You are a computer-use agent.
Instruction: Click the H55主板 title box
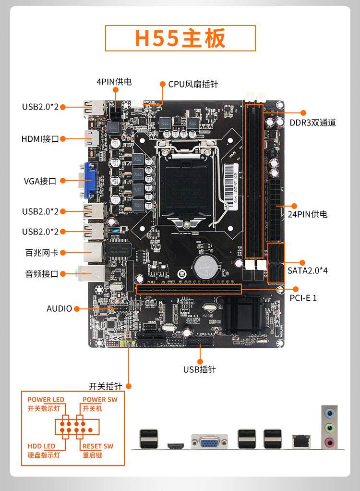(180, 38)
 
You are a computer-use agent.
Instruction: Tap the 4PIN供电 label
(114, 82)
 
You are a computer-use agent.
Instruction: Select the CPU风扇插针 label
(193, 84)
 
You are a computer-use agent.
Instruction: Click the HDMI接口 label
(40, 139)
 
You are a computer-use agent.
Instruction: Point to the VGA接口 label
(40, 181)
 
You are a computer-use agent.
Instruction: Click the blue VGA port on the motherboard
(90, 181)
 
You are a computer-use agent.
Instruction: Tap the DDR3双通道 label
(312, 123)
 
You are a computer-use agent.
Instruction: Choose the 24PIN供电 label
(307, 214)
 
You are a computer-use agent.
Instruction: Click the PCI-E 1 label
(303, 298)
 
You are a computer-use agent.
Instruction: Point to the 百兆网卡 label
(41, 252)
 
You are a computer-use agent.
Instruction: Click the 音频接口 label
(41, 274)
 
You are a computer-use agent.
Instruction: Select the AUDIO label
(59, 308)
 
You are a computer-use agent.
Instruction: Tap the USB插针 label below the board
(200, 369)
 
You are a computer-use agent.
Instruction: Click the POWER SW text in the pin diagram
(100, 399)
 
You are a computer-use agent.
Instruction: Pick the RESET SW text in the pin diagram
(98, 446)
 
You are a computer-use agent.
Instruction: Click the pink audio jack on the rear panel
(329, 442)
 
